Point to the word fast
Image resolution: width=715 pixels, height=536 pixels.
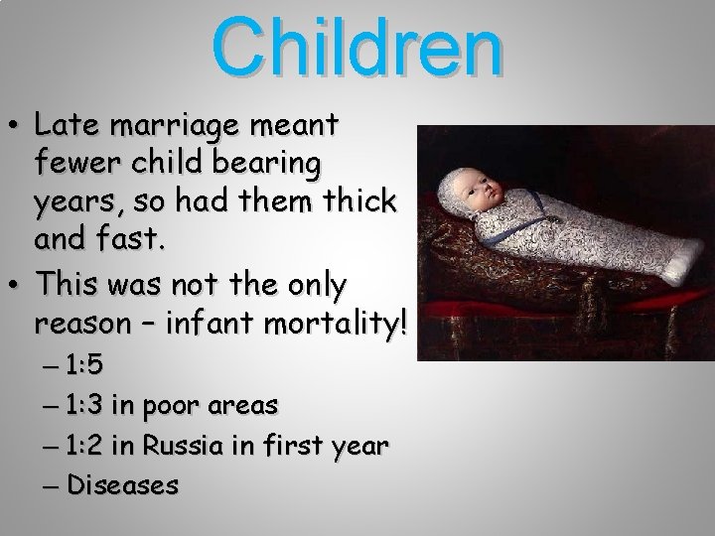pos(119,240)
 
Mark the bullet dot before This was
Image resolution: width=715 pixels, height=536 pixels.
pos(16,289)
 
